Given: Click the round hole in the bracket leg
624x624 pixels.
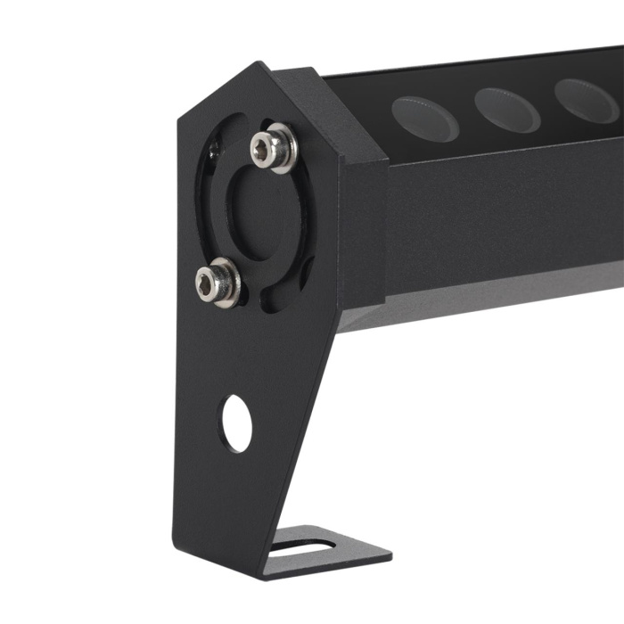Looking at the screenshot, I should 236,423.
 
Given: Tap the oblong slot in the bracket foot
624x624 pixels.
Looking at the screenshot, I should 303,545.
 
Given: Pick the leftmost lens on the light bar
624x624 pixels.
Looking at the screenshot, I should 424,119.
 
